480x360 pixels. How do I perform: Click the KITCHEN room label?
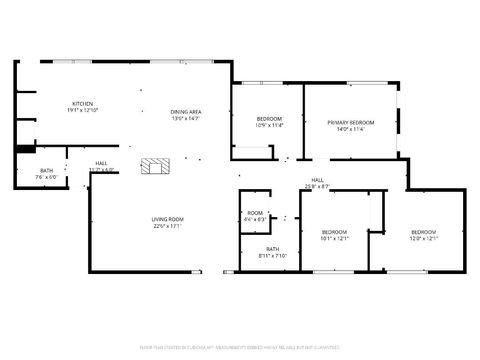tap(82, 103)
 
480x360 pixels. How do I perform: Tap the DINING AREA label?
tap(186, 112)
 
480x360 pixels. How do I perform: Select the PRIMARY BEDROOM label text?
tap(350, 122)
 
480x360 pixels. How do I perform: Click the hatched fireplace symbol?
tap(155, 166)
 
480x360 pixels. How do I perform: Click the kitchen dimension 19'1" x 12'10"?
tap(82, 110)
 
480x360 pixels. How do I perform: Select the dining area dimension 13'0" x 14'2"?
tap(186, 119)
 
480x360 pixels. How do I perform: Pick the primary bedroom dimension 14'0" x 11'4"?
tap(350, 129)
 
